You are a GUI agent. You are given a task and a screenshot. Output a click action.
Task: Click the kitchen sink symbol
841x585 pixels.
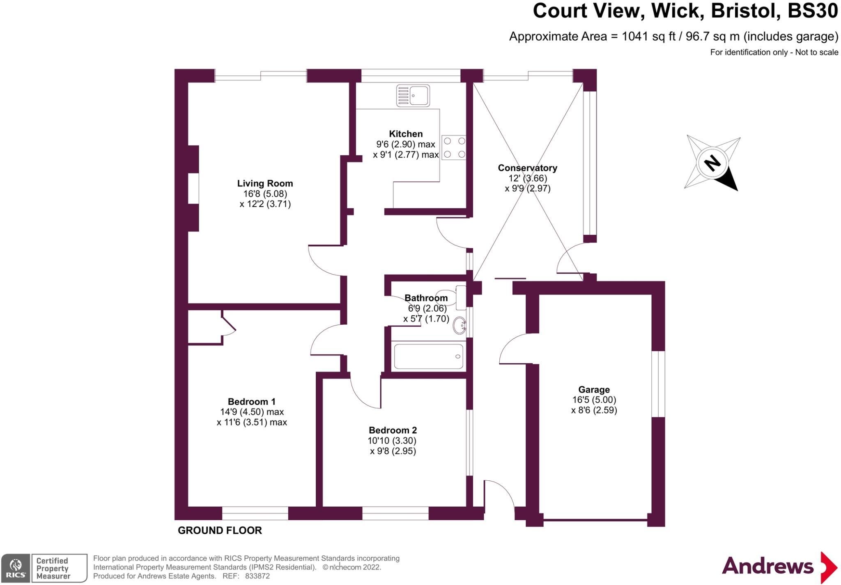(413, 96)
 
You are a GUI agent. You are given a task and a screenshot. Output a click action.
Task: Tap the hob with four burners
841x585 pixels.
(454, 147)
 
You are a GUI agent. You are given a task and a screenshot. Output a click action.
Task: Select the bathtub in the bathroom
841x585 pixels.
(428, 356)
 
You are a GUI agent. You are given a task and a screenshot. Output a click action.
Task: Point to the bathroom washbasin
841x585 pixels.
(460, 326)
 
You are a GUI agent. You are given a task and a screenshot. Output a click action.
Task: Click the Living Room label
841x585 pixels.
(265, 184)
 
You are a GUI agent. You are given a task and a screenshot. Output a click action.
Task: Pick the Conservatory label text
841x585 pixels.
(527, 168)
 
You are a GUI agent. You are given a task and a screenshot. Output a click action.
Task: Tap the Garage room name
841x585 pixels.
(594, 390)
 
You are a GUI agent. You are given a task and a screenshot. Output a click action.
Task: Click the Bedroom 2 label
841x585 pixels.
(393, 430)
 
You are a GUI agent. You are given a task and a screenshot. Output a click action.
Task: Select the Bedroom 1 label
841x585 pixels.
(251, 401)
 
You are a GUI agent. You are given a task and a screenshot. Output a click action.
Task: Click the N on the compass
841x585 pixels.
(712, 163)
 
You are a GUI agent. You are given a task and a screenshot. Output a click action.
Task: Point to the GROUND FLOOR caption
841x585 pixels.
(220, 530)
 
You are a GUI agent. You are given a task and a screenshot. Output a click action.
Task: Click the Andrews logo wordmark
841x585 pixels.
(767, 567)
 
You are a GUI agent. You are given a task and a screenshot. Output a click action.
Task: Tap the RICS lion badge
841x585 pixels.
(16, 568)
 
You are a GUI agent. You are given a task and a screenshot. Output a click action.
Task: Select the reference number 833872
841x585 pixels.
(257, 576)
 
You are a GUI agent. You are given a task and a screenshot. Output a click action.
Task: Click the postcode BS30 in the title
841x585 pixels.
(812, 11)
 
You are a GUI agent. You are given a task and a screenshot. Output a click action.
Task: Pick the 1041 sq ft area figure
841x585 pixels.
(649, 37)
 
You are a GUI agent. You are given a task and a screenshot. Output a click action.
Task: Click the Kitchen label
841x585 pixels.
(406, 134)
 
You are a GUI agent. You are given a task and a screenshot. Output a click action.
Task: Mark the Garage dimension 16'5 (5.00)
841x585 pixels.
(594, 400)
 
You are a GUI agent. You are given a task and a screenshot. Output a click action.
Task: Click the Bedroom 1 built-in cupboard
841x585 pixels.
(205, 327)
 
